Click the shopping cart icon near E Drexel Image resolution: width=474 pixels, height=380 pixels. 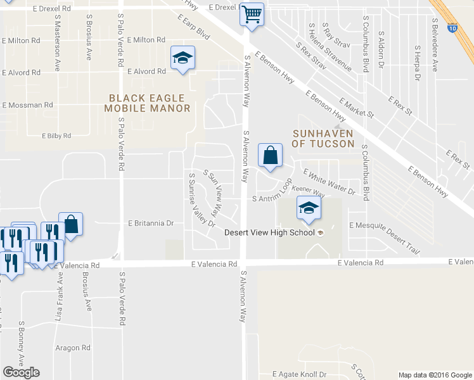[252, 13]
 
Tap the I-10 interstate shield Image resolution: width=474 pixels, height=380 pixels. [451, 28]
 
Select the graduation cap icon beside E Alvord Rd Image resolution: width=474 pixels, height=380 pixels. [183, 59]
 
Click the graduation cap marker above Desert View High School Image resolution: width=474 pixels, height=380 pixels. [308, 208]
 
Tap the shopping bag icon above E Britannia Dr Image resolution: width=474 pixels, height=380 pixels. [70, 224]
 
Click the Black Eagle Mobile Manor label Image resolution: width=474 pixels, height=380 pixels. [147, 103]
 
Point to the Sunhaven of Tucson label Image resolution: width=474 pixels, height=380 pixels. [323, 139]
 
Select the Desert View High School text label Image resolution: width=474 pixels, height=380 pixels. [270, 232]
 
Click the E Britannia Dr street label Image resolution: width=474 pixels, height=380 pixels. [151, 224]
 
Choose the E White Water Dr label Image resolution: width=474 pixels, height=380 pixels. [330, 180]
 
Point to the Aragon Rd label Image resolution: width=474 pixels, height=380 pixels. [73, 348]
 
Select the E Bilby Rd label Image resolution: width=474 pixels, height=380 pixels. [56, 136]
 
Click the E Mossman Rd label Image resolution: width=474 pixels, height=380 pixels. [27, 105]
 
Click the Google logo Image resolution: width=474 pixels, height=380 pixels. [21, 372]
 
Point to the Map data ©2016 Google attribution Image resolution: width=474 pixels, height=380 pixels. [434, 375]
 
